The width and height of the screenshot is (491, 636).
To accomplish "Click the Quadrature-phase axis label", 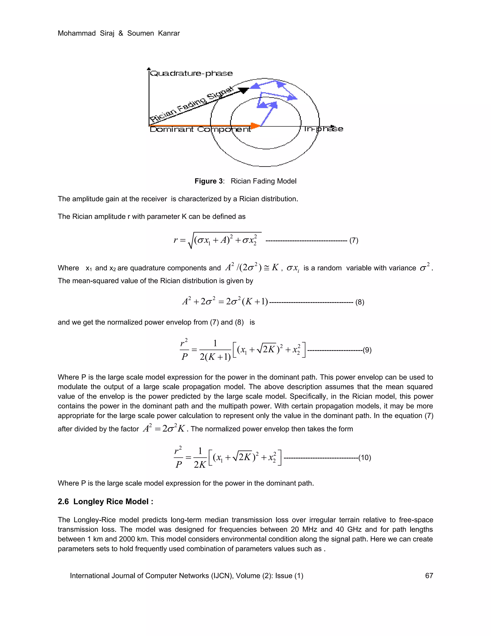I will (191, 73).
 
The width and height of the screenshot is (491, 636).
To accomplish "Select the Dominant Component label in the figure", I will (200, 129).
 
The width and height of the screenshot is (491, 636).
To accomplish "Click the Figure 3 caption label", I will (209, 181).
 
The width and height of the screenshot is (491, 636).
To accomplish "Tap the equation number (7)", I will (354, 240).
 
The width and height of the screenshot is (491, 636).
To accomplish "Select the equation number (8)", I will (360, 302).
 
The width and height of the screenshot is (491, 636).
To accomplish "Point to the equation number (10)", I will (365, 457).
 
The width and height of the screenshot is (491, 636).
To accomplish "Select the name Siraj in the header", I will (107, 33).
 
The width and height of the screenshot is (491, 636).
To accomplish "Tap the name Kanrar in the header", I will (169, 33).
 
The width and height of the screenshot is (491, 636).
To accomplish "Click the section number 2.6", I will (63, 501).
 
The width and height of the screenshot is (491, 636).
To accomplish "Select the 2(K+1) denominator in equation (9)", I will (215, 357).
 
